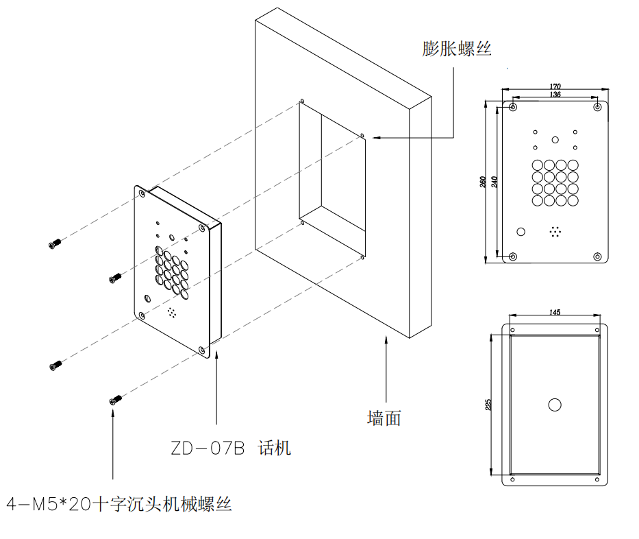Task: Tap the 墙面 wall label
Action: click(384, 418)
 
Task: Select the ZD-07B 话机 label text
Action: click(231, 448)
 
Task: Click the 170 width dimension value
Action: click(555, 86)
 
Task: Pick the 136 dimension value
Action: click(555, 95)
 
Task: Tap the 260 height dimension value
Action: click(483, 182)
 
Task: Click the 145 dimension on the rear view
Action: click(555, 313)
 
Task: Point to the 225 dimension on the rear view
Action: click(488, 405)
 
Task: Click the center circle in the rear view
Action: click(555, 405)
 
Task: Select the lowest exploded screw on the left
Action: click(114, 399)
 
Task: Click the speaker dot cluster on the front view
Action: click(555, 232)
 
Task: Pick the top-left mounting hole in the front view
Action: click(513, 108)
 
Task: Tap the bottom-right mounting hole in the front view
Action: click(597, 256)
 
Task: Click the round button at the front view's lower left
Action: click(521, 232)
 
